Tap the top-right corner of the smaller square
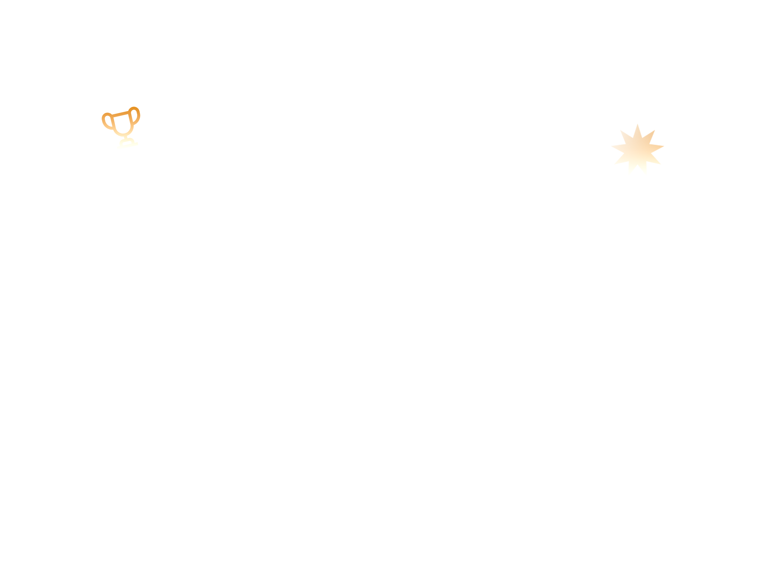tap(140, 107)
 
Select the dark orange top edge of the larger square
tap(637, 125)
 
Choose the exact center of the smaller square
tap(121, 128)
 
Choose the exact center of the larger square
tap(638, 150)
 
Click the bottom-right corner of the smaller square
tap(140, 149)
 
